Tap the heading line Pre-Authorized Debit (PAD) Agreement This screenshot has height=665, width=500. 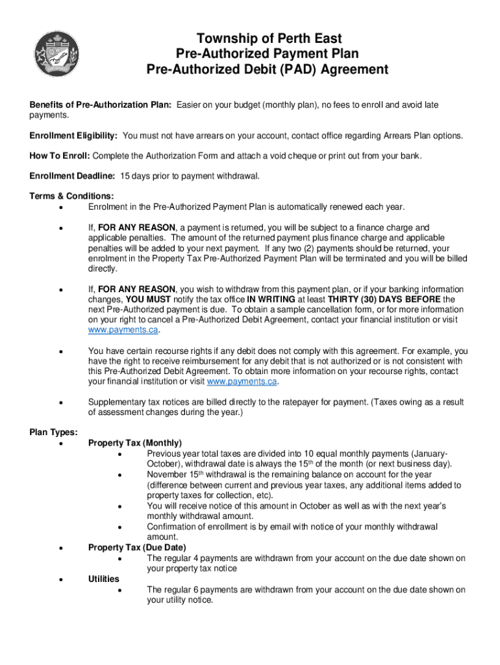coord(269,69)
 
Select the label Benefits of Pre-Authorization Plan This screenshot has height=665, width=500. coord(101,105)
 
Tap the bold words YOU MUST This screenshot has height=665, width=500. coord(148,299)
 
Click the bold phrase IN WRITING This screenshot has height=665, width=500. coord(270,299)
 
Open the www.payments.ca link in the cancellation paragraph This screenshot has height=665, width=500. coord(123,330)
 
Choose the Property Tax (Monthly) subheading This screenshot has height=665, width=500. coord(135,443)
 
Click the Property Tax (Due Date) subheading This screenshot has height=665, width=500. coord(137,547)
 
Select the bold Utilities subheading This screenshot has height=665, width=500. coord(104,579)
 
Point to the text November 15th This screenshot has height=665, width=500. coord(169,475)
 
